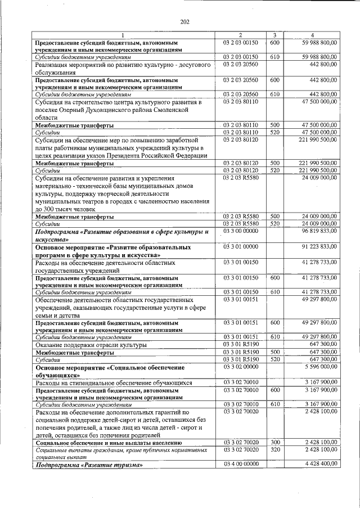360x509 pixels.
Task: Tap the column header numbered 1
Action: pyautogui.click(x=125, y=35)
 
